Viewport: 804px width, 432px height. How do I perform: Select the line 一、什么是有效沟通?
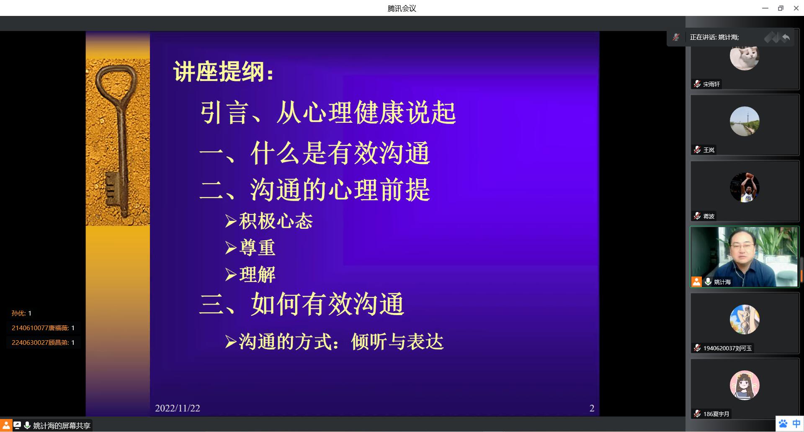315,153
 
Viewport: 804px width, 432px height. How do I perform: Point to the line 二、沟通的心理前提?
315,189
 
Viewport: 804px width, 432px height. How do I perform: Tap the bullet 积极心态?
269,221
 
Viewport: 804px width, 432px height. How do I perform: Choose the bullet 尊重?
250,248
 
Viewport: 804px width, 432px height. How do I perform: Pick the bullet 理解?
250,274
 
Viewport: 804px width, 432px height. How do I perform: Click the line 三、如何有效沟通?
302,304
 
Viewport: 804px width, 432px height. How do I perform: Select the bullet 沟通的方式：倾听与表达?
334,341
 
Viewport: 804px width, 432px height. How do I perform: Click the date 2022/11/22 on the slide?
178,408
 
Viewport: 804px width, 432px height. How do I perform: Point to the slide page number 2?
592,408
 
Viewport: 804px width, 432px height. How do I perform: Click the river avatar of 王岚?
745,122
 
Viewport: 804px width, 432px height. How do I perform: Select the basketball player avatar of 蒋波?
745,187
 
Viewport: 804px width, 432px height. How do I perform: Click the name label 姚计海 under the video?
722,282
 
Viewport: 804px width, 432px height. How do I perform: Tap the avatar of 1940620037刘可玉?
745,319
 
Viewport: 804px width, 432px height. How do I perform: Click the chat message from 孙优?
21,313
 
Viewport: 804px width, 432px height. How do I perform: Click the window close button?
796,8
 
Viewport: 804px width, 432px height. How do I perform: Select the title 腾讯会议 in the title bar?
402,8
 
